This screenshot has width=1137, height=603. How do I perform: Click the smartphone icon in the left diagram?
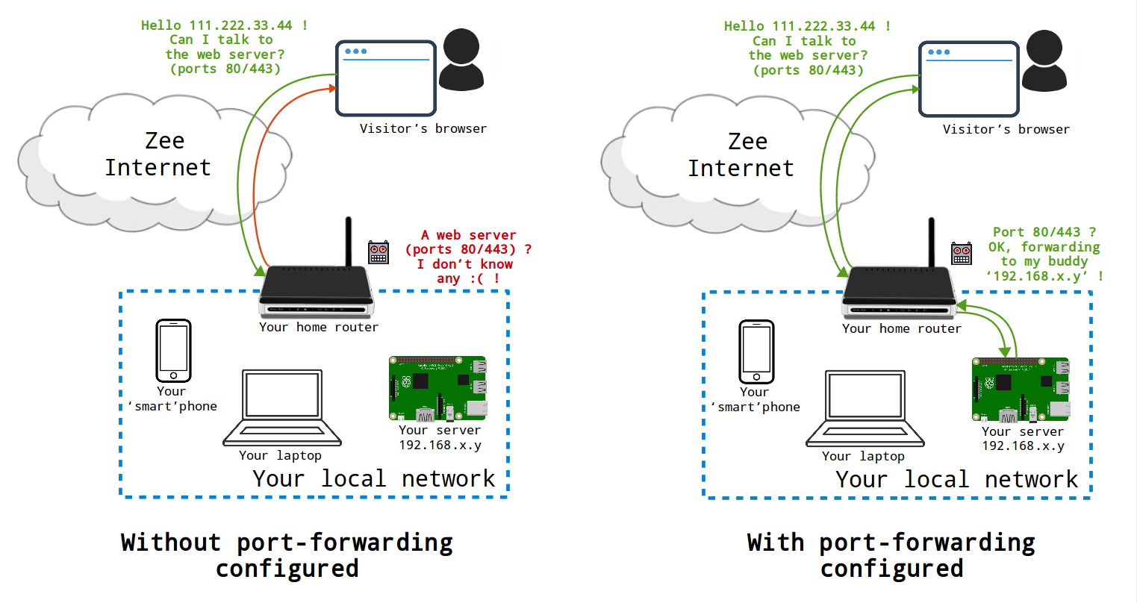(x=173, y=351)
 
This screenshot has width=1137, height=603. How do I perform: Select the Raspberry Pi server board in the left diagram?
(x=438, y=388)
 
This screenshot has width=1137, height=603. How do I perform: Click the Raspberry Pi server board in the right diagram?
(x=1021, y=389)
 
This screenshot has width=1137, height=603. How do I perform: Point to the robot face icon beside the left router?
(x=379, y=252)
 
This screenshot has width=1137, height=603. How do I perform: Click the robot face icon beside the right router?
(x=962, y=253)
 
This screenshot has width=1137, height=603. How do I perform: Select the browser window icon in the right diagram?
(x=968, y=79)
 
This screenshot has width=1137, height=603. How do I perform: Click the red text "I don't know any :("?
(x=464, y=271)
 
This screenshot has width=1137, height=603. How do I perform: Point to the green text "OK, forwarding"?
(x=1044, y=247)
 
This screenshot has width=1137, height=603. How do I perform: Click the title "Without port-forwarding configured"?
(x=287, y=554)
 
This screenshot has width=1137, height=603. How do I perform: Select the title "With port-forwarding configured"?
(x=891, y=554)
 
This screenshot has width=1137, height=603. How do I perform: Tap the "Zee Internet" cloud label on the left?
(x=158, y=154)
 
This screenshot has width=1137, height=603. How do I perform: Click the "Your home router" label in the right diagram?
(x=901, y=328)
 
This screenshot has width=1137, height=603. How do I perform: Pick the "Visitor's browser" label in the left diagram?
(x=423, y=128)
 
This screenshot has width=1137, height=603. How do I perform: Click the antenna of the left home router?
(x=348, y=241)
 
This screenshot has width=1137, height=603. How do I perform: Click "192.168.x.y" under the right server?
(x=1023, y=446)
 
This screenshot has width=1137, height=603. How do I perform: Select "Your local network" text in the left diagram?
(x=373, y=478)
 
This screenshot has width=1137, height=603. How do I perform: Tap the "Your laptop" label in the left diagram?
(x=280, y=455)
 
